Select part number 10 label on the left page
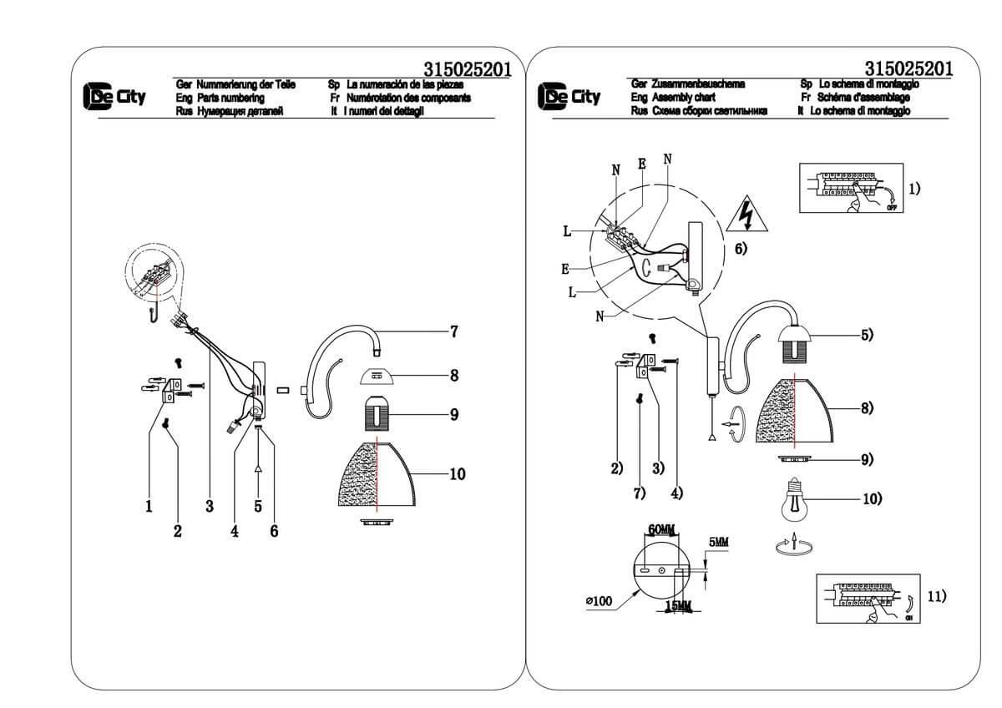point(457,474)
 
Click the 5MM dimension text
point(717,542)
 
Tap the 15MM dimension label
point(679,606)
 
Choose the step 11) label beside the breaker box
point(936,596)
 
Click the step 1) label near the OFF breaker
point(914,188)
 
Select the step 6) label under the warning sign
point(740,248)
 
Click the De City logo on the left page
point(114,97)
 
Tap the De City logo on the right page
point(569,97)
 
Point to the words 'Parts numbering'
point(230,99)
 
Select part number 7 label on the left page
point(453,331)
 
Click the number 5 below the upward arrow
point(258,506)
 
